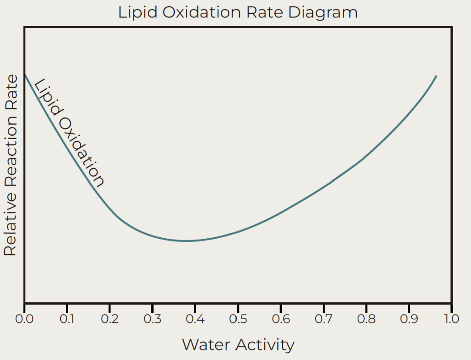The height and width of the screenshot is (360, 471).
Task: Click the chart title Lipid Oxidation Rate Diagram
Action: pos(238,12)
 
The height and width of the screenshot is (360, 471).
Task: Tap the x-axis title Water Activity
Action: pos(238,345)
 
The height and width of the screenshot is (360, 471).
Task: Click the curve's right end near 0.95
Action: pos(436,76)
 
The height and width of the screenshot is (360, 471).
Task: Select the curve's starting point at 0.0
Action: pos(25,75)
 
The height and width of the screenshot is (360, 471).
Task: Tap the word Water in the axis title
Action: pos(205,345)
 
